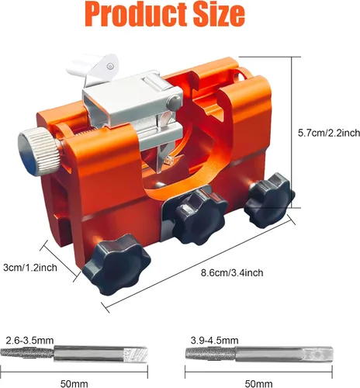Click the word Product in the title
click(x=136, y=14)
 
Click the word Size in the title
click(x=220, y=13)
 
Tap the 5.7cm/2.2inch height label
click(x=329, y=133)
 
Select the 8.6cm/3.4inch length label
click(x=232, y=273)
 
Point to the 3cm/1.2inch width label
click(x=30, y=268)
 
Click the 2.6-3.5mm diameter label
click(x=29, y=341)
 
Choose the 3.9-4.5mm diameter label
click(x=215, y=341)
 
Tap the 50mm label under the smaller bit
click(x=74, y=384)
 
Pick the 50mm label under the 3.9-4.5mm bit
click(x=258, y=384)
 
